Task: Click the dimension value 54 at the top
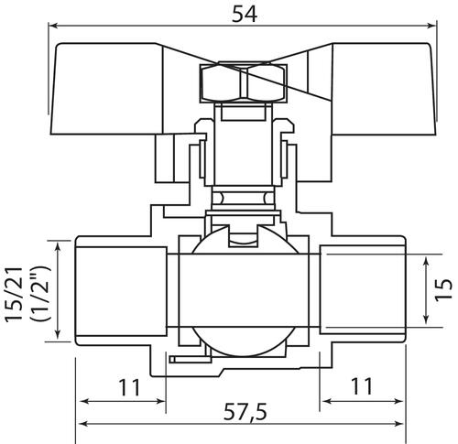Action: click(x=245, y=14)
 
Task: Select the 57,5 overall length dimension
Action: click(x=245, y=412)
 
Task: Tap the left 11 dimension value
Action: click(x=129, y=387)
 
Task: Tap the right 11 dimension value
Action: click(x=362, y=386)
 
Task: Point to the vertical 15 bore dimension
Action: click(x=443, y=290)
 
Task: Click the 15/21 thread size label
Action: click(x=14, y=294)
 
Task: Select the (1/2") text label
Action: click(x=40, y=294)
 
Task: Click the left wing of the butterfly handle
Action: click(x=107, y=89)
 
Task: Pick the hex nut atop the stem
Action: click(x=244, y=83)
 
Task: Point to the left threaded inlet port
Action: click(x=121, y=291)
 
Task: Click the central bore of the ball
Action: click(x=244, y=290)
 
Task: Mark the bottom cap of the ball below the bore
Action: click(x=244, y=341)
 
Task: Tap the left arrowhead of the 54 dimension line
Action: click(x=53, y=26)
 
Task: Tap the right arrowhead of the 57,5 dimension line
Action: click(x=398, y=424)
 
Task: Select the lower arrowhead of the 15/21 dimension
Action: click(x=57, y=334)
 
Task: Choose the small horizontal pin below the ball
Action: click(x=191, y=360)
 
